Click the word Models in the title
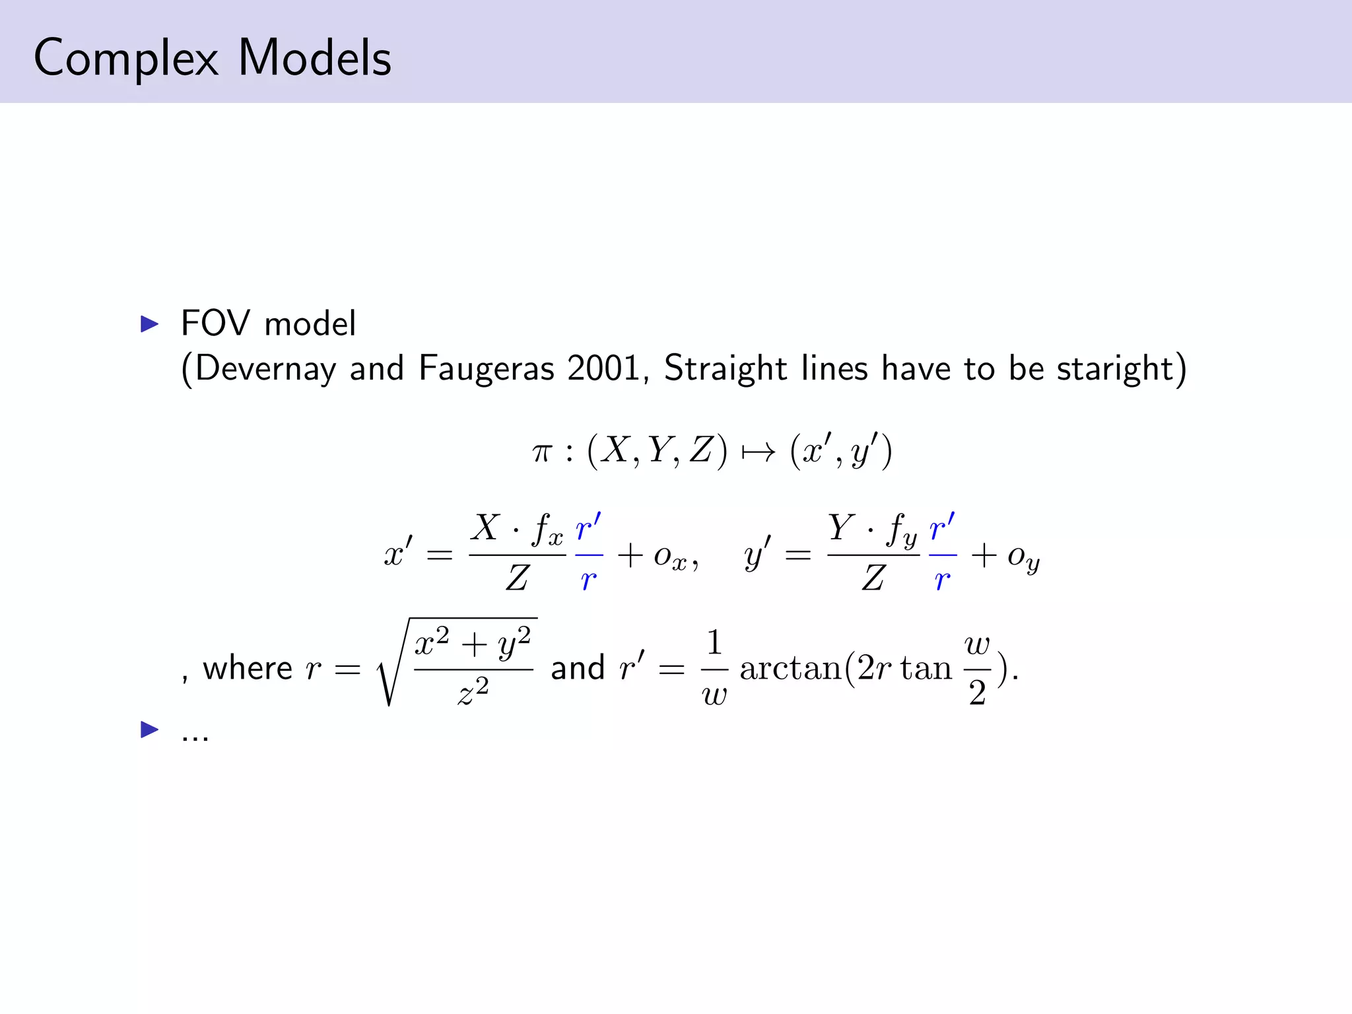[315, 58]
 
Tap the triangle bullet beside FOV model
[150, 324]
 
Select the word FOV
[215, 323]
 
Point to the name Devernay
[265, 368]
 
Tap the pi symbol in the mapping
[541, 453]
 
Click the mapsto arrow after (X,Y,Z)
[759, 453]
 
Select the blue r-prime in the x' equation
[588, 528]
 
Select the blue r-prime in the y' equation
[942, 528]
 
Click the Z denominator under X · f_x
[517, 578]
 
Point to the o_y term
[1024, 558]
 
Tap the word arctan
[791, 668]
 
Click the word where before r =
[248, 668]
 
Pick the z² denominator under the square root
[473, 692]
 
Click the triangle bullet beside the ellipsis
[150, 729]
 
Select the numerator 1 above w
[714, 642]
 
